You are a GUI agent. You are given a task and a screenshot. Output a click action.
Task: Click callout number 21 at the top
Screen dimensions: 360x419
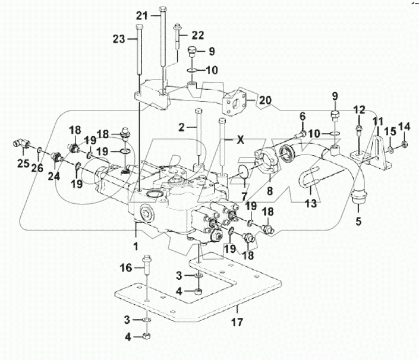tap(140, 15)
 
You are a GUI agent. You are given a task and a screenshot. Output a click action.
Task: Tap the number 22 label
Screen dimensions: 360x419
tap(197, 34)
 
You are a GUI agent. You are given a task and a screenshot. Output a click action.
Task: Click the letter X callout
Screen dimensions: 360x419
tap(240, 141)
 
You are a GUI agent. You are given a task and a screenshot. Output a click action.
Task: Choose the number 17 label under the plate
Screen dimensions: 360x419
tap(237, 324)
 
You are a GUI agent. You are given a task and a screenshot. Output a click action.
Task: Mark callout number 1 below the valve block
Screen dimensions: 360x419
tap(136, 244)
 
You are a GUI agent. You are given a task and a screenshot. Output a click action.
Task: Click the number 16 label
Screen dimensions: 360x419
tap(128, 269)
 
